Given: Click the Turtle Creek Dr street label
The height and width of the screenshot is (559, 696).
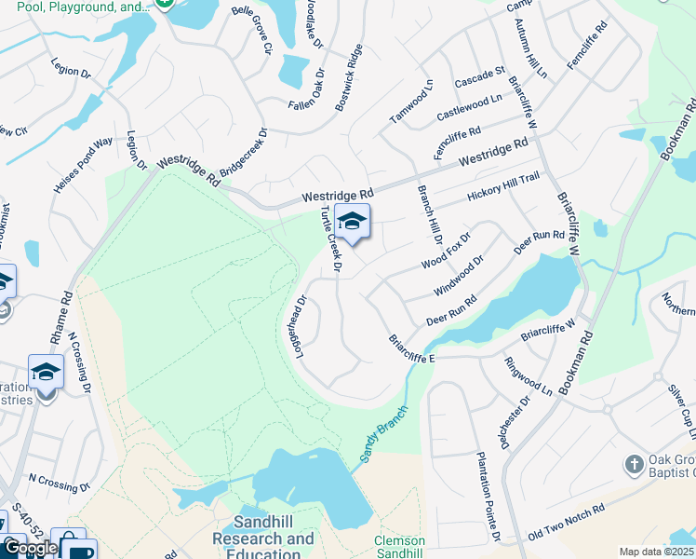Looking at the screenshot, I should (x=332, y=240).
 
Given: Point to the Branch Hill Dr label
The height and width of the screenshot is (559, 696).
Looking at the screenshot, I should (x=429, y=215).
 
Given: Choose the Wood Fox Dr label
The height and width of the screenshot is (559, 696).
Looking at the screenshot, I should (x=447, y=250).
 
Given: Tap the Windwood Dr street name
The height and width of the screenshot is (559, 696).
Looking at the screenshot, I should (x=459, y=277).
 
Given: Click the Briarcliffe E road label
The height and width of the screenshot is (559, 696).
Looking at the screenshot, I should (x=412, y=349).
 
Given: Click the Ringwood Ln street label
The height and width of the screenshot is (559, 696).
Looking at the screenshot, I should (x=529, y=376).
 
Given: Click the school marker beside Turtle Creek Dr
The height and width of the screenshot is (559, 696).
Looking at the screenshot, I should (x=352, y=222).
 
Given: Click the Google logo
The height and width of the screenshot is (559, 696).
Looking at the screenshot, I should (x=31, y=548).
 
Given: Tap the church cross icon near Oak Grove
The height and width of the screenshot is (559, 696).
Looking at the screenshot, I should (x=634, y=464).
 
